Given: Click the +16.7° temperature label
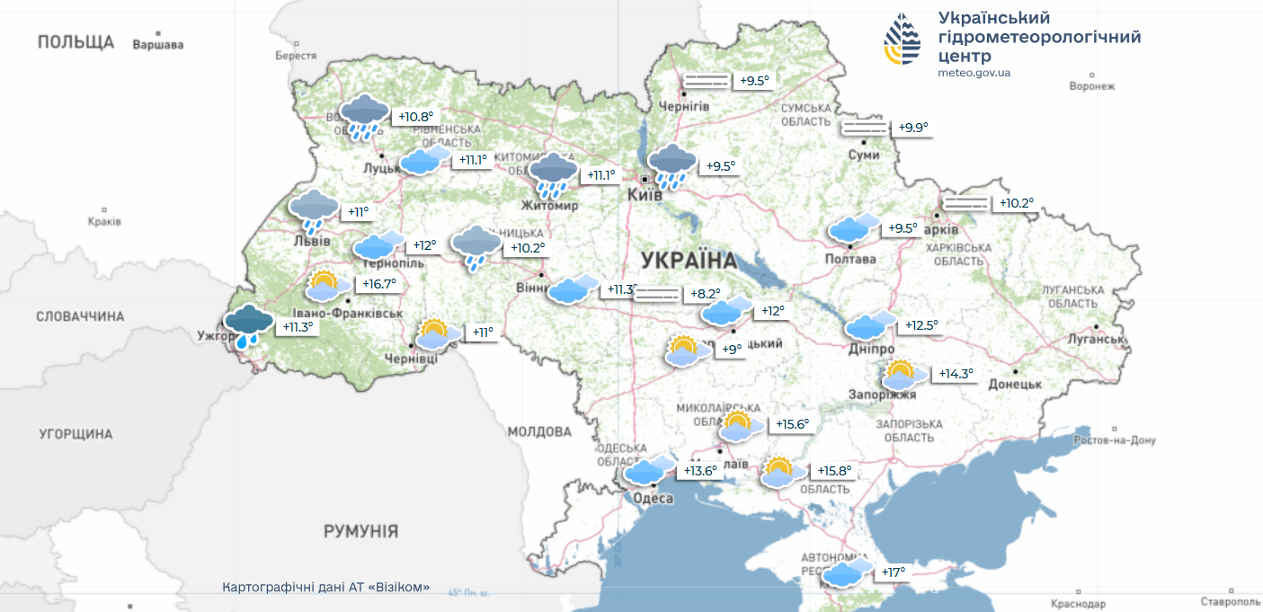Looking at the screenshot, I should click(x=378, y=284).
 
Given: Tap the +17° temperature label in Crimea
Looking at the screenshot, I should click(x=893, y=572).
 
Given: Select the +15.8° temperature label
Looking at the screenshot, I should click(x=833, y=471).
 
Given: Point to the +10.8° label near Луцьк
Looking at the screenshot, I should click(x=415, y=117).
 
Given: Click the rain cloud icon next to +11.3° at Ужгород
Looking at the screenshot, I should click(x=249, y=325).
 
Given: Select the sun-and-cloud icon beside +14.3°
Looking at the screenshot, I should click(x=904, y=374).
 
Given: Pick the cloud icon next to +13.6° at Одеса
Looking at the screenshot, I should click(x=648, y=470).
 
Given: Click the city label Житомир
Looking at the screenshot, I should click(x=549, y=205).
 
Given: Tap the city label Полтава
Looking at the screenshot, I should click(x=849, y=259).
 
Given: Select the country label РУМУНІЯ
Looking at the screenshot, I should click(x=360, y=531).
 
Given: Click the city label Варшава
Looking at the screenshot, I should click(x=157, y=44).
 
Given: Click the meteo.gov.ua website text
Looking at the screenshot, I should click(x=974, y=73).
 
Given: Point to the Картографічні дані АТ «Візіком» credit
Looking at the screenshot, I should click(x=325, y=587).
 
